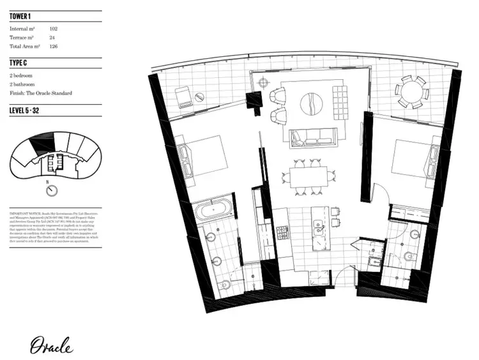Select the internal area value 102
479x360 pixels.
(54, 28)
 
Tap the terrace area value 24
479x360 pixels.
(52, 37)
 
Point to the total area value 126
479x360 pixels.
(54, 47)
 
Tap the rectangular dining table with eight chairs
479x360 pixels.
(308, 175)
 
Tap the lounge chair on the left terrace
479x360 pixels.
(183, 96)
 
